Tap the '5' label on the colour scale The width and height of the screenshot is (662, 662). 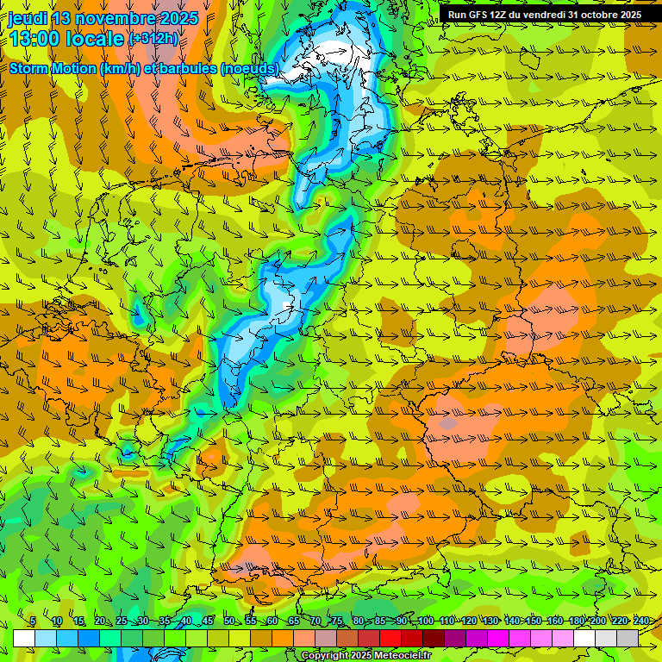[x=33, y=621]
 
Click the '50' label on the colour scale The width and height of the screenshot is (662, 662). [x=229, y=621]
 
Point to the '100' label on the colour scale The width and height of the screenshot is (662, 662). [x=425, y=621]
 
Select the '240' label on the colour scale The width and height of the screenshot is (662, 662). [x=640, y=621]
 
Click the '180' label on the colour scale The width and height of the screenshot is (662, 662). [x=576, y=621]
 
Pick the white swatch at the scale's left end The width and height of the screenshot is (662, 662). [x=24, y=638]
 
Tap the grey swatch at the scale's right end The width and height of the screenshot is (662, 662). [x=628, y=638]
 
